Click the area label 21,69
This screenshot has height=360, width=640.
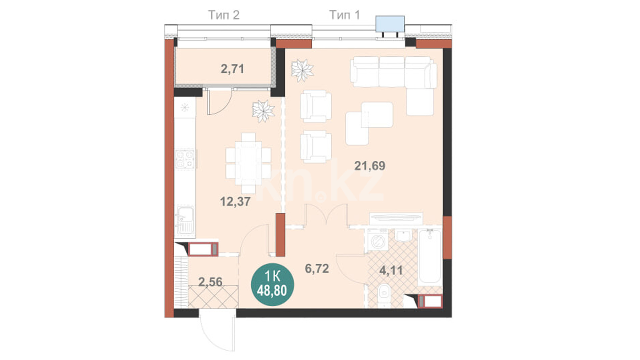[370, 166]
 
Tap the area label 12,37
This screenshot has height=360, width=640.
[235, 201]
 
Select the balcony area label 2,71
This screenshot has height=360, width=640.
[232, 69]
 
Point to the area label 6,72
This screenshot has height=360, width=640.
[317, 268]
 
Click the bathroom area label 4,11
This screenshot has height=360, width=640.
[391, 270]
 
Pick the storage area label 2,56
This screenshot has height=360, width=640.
[210, 282]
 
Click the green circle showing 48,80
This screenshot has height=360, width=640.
[272, 284]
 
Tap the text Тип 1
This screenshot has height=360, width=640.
[345, 15]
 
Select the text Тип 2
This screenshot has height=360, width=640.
[224, 15]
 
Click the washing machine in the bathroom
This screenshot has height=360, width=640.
[378, 240]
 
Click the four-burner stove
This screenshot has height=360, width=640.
[185, 159]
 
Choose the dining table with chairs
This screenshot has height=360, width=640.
[248, 163]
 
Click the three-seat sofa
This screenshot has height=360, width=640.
[393, 72]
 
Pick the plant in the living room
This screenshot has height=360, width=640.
[302, 70]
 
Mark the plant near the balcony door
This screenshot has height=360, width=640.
[263, 111]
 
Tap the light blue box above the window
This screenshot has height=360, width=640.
[390, 24]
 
